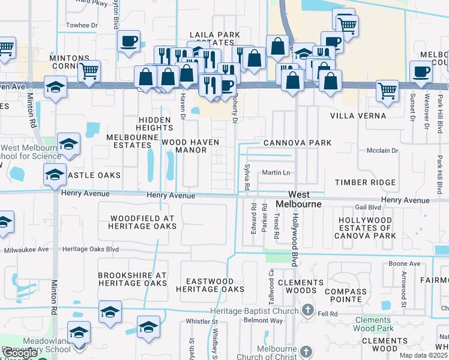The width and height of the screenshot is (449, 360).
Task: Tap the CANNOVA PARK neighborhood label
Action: point(298,143)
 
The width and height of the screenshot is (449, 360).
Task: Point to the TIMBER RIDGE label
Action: point(365,182)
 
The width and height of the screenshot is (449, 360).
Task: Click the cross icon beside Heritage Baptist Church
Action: point(307,310)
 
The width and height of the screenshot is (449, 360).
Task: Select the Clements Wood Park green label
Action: point(372,324)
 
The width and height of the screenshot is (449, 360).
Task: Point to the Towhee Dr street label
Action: point(82,25)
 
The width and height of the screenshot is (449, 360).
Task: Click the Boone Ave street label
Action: point(404,263)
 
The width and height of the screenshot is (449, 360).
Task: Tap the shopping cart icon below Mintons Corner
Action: point(89,70)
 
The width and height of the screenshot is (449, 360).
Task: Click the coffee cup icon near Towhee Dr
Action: point(128,41)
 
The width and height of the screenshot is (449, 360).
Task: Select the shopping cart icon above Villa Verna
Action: point(387,91)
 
